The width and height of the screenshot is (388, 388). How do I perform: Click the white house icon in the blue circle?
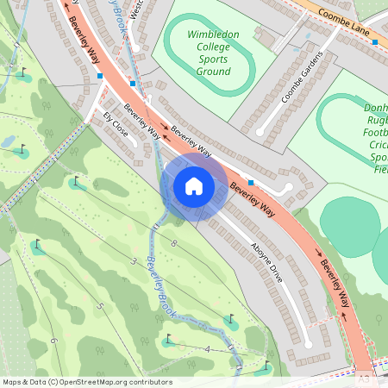coord(194,186)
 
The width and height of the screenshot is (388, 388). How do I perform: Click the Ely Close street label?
coord(115,125)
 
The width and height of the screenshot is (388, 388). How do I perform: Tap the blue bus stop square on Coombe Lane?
coord(374,41)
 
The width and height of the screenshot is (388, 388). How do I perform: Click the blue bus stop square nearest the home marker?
coord(250,183)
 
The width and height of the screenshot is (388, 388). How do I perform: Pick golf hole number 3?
coord(134,260)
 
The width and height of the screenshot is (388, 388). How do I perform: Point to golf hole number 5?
coord(100,306)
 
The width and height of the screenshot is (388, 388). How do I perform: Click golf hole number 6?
coord(53,340)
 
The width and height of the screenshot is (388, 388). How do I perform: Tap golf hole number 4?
coord(208,348)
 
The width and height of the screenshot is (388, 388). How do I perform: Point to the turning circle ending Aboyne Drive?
coord(309,344)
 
